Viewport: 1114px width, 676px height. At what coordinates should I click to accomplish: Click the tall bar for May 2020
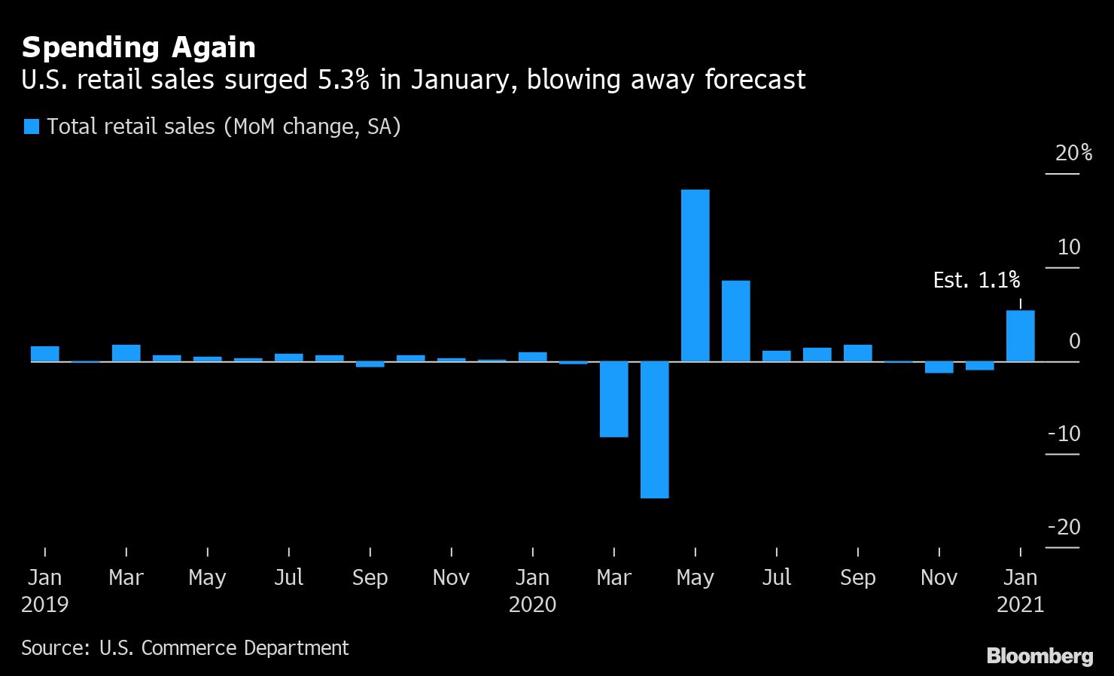point(695,276)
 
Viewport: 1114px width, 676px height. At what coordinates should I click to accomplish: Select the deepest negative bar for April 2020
point(654,429)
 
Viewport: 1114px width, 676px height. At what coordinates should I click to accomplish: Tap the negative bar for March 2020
point(613,399)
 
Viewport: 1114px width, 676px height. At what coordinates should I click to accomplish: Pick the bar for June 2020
point(735,321)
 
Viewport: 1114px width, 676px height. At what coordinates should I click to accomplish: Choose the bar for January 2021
point(1020,336)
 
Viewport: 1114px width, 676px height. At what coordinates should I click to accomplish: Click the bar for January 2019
point(45,354)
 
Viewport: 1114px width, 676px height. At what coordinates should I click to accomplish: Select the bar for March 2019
point(126,353)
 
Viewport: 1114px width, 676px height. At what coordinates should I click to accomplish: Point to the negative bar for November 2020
point(939,367)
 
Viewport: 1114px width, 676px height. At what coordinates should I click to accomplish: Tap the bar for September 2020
point(857,353)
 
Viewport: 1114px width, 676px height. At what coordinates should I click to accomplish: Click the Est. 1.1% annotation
point(976,281)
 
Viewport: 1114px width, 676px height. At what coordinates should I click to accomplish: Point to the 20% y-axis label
point(1073,154)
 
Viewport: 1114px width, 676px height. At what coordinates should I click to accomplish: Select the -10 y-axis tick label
point(1064,434)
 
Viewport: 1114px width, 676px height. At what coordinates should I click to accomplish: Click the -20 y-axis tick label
point(1064,528)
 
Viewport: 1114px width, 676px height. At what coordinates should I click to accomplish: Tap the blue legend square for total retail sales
point(32,126)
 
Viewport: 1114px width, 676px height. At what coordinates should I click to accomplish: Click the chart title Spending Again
point(138,47)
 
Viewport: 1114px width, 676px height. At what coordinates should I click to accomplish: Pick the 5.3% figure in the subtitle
point(342,80)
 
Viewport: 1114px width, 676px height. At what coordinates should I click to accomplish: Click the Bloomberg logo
point(1039,656)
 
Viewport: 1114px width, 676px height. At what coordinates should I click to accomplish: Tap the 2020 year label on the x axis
point(532,604)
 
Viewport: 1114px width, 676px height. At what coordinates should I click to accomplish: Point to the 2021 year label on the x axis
point(1020,604)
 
